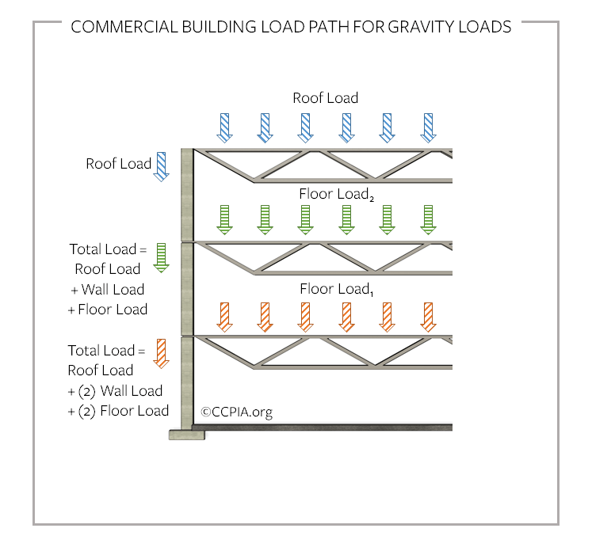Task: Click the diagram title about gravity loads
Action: tap(291, 27)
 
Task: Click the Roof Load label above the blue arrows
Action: tap(326, 98)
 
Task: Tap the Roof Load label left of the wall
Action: tap(118, 164)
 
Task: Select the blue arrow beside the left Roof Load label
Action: tap(162, 166)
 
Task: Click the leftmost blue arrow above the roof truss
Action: tap(224, 127)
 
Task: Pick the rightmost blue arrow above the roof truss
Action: tap(428, 127)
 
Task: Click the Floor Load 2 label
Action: tap(335, 194)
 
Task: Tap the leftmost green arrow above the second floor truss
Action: tap(224, 220)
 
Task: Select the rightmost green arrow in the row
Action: tap(428, 220)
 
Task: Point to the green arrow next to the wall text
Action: tap(162, 258)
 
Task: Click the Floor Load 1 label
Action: tap(335, 289)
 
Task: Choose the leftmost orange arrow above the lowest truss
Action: tap(224, 317)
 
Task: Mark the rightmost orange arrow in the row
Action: tap(428, 317)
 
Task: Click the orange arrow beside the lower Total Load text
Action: tap(162, 353)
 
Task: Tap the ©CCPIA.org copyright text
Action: tap(236, 412)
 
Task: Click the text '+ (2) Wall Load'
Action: tap(116, 390)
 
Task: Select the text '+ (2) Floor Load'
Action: tap(118, 410)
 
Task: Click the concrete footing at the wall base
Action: tap(187, 434)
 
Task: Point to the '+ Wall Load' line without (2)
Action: tap(107, 289)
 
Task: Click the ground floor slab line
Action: tap(325, 427)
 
